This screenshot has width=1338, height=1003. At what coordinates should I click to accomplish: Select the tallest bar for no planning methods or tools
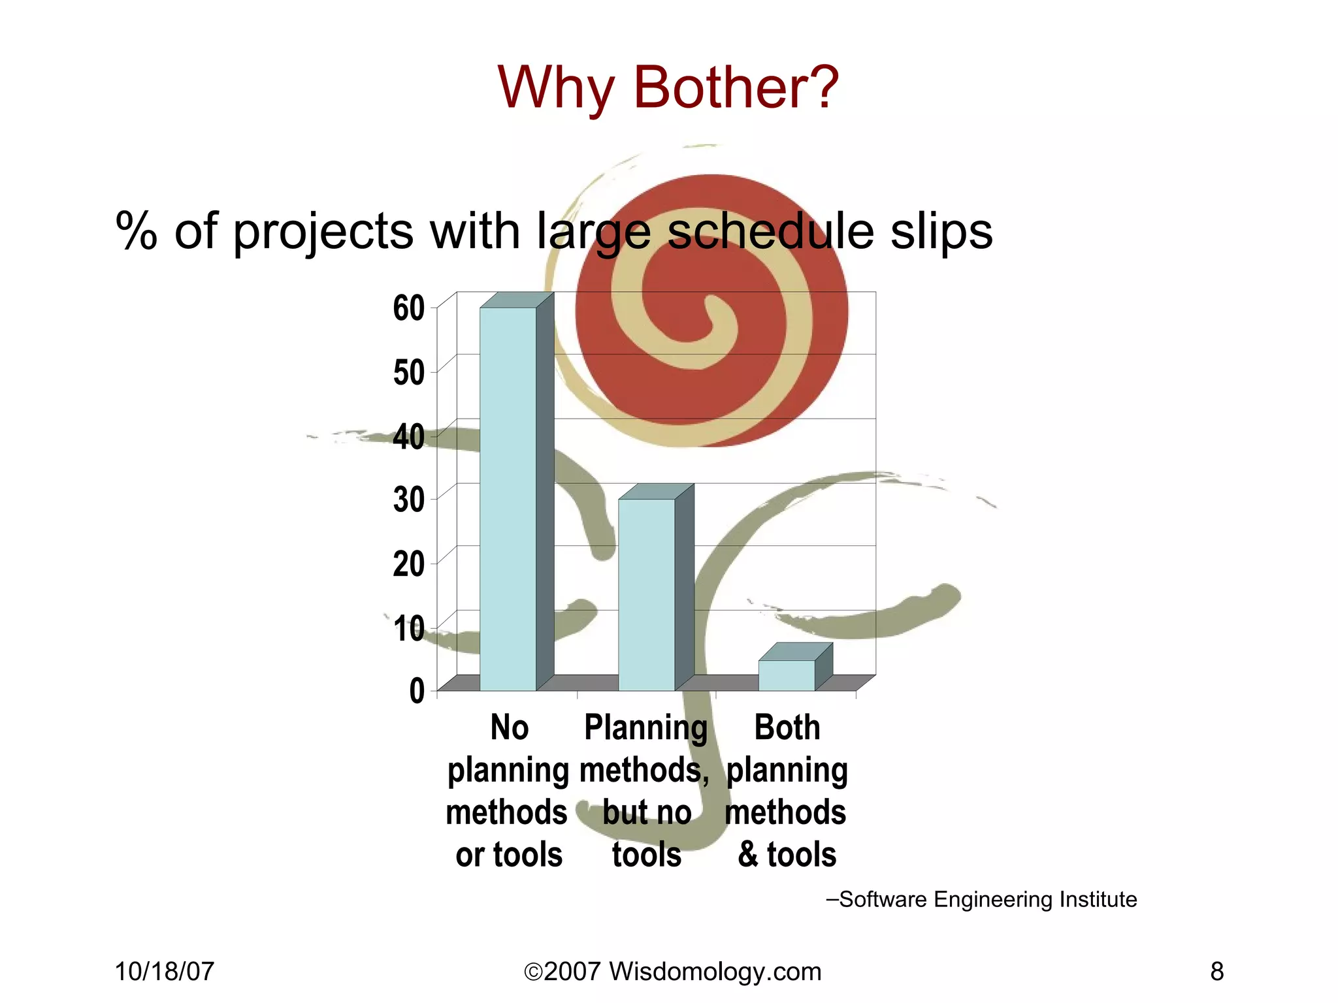508,496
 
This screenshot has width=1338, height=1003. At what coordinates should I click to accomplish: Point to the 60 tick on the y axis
409,308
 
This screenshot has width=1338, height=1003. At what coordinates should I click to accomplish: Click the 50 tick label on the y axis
409,373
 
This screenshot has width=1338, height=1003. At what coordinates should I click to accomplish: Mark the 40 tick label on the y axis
409,437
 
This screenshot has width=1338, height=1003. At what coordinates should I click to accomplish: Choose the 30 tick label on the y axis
409,500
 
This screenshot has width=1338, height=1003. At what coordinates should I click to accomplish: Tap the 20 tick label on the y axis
409,564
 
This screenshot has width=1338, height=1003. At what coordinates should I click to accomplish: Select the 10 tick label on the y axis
409,628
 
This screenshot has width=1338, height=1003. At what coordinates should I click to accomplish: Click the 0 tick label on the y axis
417,691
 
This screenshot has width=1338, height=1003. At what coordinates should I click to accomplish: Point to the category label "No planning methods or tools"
508,791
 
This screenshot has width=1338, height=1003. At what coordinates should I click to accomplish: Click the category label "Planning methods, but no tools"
646,791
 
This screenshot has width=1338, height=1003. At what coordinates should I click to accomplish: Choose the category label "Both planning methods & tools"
787,791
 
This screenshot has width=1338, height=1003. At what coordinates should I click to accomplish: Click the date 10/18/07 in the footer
165,972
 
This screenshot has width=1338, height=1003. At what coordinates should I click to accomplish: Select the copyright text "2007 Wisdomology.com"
673,972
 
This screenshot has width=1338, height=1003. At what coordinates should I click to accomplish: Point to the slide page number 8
1216,972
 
